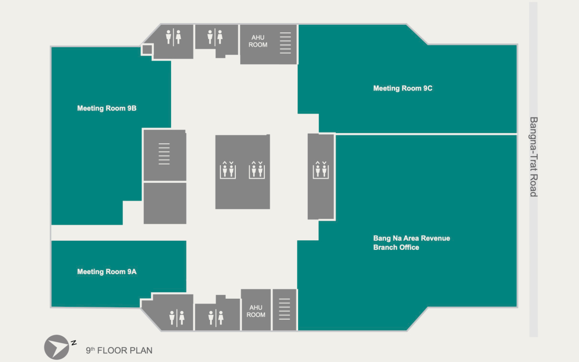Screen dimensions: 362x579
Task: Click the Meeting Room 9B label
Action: pos(107,108)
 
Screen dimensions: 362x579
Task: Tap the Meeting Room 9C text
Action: pos(403,88)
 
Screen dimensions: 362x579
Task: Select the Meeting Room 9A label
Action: pos(107,272)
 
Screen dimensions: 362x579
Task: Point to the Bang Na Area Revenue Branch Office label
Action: pos(411,243)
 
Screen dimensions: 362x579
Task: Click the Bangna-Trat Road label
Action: pos(533,157)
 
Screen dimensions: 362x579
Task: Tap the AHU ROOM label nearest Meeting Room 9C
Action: pos(258,41)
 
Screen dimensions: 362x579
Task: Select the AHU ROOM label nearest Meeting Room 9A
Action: pos(256,311)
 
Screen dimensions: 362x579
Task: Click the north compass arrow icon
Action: pos(56,347)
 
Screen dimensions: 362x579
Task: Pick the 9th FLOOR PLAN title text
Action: pos(119,351)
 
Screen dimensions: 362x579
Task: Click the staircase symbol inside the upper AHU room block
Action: pos(286,43)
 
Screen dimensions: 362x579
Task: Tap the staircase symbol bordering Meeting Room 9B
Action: pos(164,154)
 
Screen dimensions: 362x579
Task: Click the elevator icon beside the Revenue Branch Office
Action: pos(321,169)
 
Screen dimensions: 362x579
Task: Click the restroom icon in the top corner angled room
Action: pos(173,36)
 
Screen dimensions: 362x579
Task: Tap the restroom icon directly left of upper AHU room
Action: pos(215,36)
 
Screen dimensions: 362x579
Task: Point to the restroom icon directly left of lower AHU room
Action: pos(216,317)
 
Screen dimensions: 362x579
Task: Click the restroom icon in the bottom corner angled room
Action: pos(176,317)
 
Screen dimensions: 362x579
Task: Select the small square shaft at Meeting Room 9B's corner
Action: pos(146,50)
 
